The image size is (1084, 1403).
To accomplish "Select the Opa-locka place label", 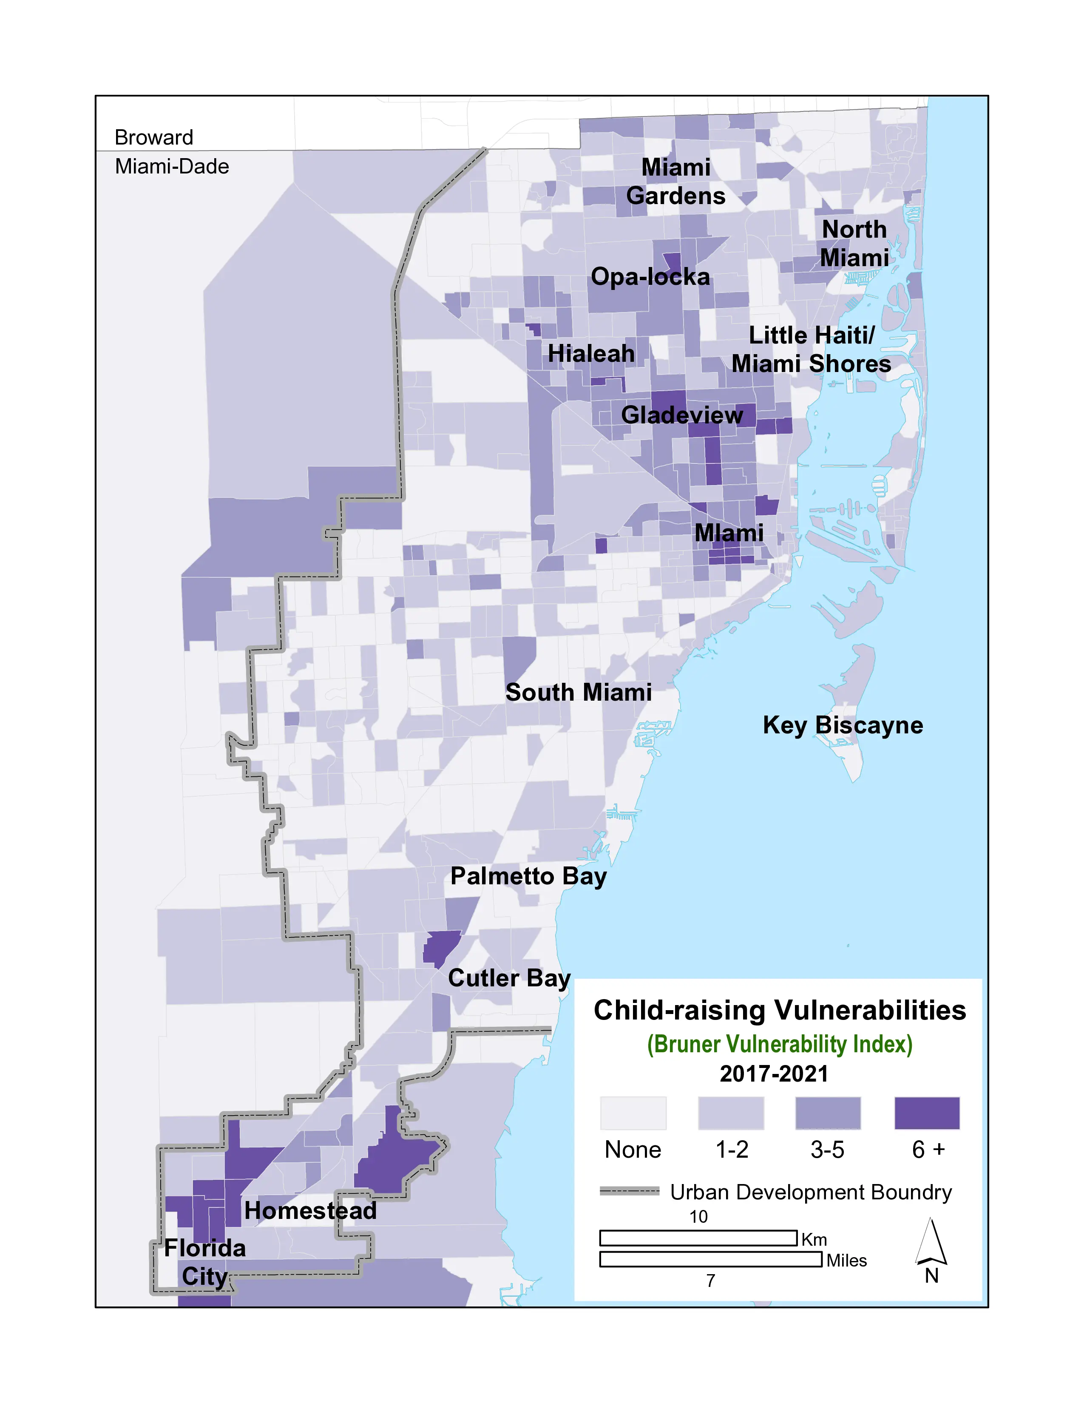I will point(650,277).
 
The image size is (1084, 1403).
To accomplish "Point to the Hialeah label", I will point(591,353).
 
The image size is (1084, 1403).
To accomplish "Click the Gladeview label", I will point(681,415).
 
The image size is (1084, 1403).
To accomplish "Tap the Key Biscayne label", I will point(843,725).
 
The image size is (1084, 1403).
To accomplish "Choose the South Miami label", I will point(578,693).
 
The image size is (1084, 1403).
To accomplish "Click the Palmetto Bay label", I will point(528,876).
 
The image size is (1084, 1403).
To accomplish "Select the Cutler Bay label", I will point(508,978).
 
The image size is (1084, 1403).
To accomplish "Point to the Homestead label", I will point(310,1211).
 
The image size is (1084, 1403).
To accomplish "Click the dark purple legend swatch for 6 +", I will point(927,1113).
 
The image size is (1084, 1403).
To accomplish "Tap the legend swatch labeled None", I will point(633,1113).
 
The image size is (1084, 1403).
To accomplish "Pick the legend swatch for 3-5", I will point(828,1113).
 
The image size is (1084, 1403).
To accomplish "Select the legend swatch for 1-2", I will point(731,1113).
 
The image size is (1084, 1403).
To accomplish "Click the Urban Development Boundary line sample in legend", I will point(629,1191).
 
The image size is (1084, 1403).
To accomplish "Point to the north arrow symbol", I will point(931,1243).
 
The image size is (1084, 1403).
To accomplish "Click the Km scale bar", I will point(698,1238).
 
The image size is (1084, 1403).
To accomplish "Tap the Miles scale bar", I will point(710,1259).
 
